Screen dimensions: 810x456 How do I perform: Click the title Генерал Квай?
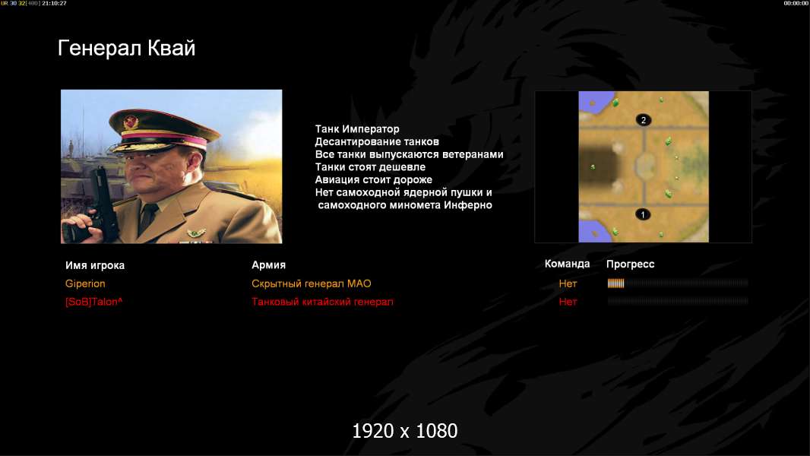click(x=127, y=49)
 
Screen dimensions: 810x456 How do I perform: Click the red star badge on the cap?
click(x=131, y=122)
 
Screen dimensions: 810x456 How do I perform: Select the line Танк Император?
click(x=357, y=129)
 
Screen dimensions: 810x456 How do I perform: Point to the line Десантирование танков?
click(x=377, y=141)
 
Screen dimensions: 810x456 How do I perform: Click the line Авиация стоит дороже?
click(x=374, y=179)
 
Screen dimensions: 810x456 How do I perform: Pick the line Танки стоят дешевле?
click(x=370, y=166)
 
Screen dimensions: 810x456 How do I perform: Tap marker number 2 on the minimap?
click(x=643, y=120)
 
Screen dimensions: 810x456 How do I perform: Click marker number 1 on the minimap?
click(x=643, y=214)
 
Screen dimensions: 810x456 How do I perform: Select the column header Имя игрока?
click(x=95, y=265)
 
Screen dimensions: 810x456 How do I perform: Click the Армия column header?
click(x=269, y=265)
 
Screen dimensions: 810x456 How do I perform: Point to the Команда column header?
click(x=567, y=264)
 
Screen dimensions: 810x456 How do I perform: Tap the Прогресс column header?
click(x=630, y=264)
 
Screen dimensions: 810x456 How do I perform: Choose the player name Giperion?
click(x=85, y=283)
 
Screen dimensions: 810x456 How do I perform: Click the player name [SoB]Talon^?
click(x=94, y=302)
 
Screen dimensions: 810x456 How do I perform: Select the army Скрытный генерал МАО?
click(x=311, y=283)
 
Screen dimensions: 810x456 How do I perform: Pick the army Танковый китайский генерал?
click(x=322, y=302)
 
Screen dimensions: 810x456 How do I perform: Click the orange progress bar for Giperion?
click(x=615, y=283)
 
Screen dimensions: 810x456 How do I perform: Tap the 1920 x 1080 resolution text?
click(x=405, y=431)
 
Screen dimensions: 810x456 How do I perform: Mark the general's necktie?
click(x=149, y=215)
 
